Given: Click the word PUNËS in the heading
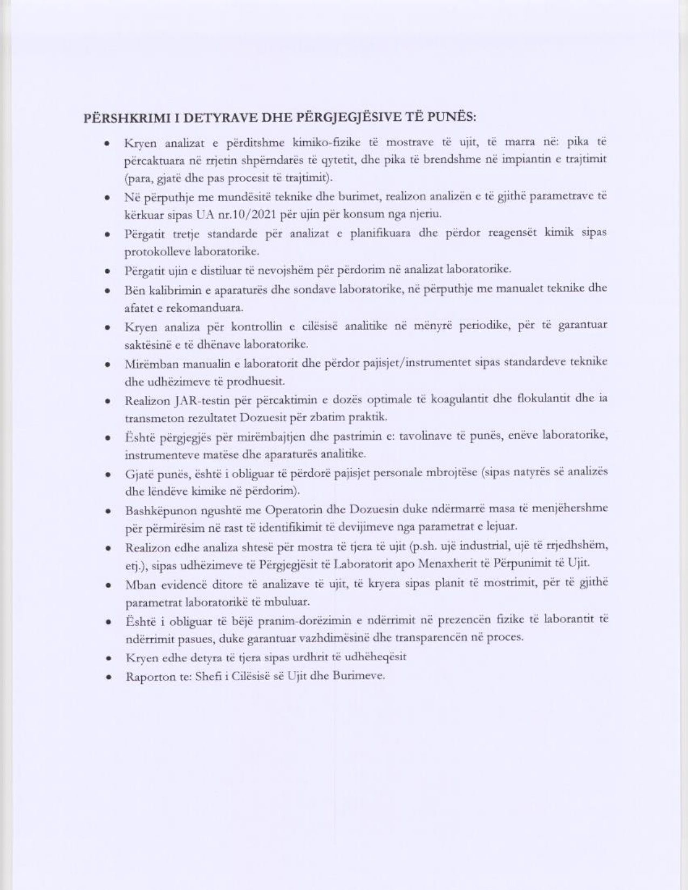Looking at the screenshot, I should [454, 118].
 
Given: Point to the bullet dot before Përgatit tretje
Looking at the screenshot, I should [109, 235].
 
